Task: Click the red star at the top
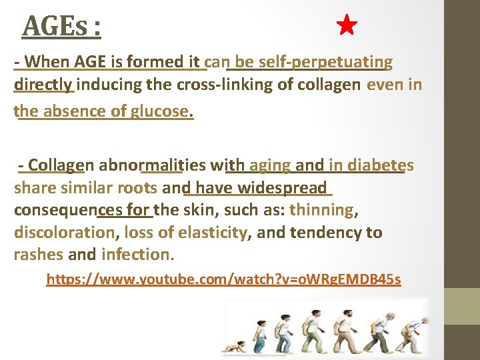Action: pos(347,26)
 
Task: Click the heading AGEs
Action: pos(61,27)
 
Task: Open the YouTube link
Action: pos(223,279)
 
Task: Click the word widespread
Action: pos(287,188)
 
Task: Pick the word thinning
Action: pos(323,210)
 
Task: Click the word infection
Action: pos(135,255)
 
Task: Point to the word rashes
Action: pos(39,255)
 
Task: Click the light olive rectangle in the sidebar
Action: pos(462,306)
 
